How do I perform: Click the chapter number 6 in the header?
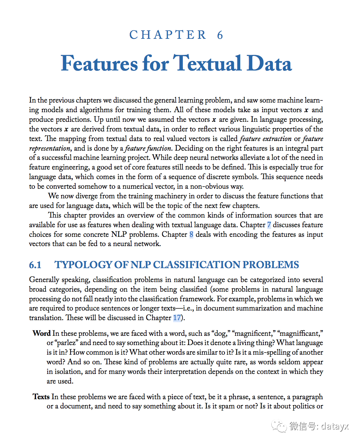220,35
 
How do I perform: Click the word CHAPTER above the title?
168,35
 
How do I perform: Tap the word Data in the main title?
269,64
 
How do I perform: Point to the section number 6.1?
35,265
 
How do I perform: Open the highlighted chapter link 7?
269,225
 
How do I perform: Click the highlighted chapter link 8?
191,234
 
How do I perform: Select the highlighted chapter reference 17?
177,318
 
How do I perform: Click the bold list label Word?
41,333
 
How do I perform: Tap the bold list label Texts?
41,397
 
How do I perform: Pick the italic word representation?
50,148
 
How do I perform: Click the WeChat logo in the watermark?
279,426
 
